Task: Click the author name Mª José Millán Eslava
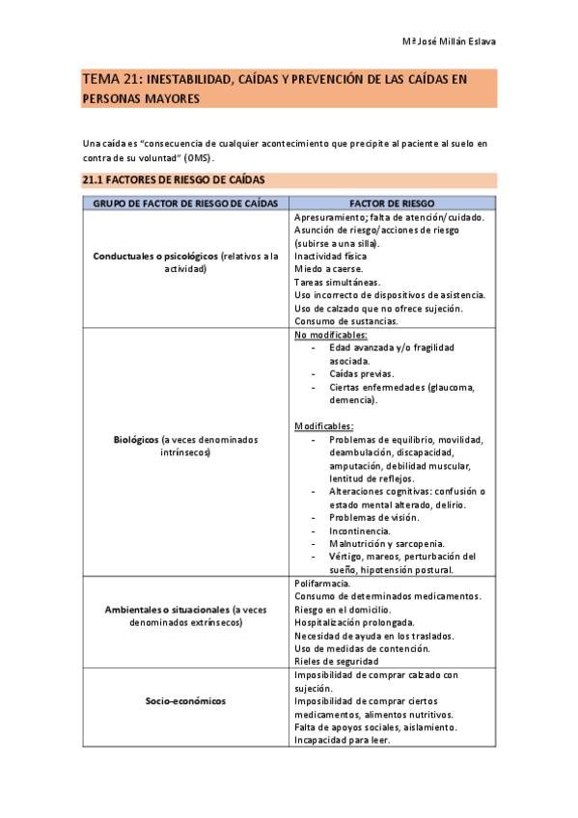(x=449, y=41)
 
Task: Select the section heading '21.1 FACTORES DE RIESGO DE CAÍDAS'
(x=173, y=179)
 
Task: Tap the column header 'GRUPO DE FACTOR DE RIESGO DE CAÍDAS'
(x=185, y=204)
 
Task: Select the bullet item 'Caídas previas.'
(x=362, y=373)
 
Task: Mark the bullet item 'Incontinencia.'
(x=360, y=531)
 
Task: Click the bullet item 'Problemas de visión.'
(x=373, y=518)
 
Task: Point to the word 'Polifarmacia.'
(x=322, y=584)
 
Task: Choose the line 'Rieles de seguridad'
(x=336, y=662)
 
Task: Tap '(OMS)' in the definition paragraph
(x=199, y=157)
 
